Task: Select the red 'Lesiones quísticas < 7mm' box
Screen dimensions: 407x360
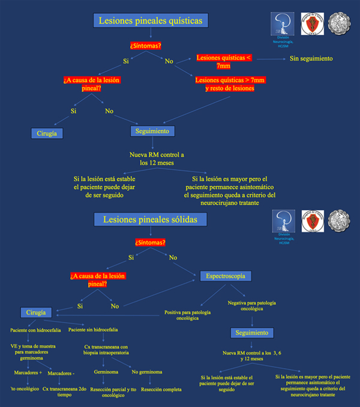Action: tap(224, 62)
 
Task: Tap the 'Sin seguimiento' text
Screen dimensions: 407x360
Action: tap(311, 58)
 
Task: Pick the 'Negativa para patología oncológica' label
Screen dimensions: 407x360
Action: tap(251, 306)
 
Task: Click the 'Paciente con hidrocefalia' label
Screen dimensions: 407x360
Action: tap(34, 330)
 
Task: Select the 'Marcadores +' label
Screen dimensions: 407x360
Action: tap(25, 373)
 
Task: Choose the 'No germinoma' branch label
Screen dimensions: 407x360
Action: tap(146, 372)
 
